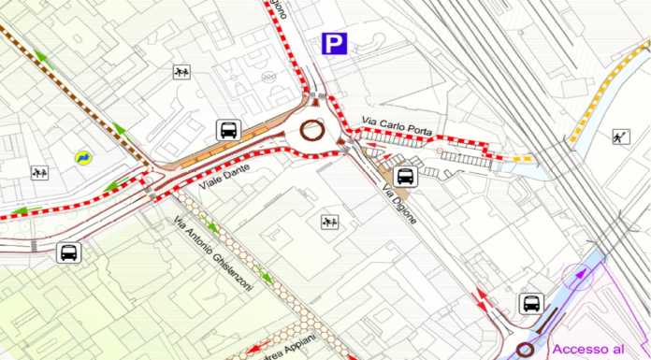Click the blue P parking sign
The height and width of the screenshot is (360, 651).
[x=334, y=43]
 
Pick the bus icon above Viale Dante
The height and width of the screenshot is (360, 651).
[x=227, y=130]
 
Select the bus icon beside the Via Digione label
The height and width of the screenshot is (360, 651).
[x=407, y=176]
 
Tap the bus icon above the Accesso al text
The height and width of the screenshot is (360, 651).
[x=532, y=303]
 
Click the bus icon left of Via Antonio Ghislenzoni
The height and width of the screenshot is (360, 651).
[x=69, y=252]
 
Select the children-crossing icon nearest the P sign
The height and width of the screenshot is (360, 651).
[x=181, y=71]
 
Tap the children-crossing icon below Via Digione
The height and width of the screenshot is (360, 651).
[x=328, y=222]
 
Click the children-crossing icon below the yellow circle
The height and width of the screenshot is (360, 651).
[x=39, y=173]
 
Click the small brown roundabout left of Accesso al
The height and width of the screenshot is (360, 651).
[x=525, y=350]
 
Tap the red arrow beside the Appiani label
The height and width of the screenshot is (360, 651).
[x=258, y=349]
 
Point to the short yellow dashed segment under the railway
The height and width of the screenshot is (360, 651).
[x=524, y=159]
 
